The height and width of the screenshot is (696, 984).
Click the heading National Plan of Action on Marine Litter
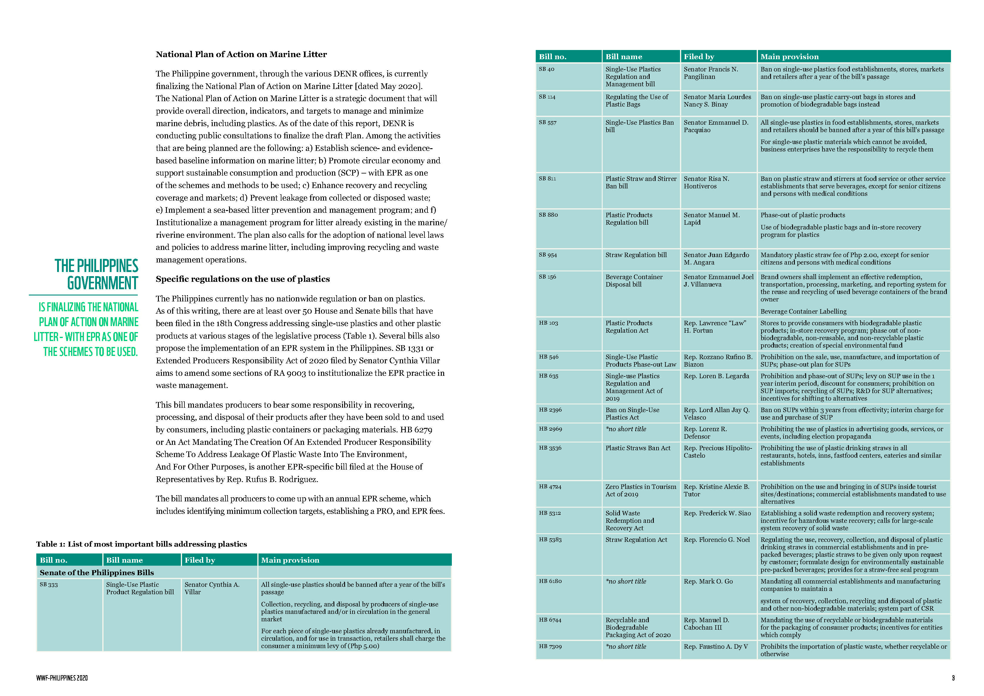tap(241, 54)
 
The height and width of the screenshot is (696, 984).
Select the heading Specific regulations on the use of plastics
tap(242, 279)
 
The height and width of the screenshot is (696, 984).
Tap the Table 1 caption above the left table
tap(141, 544)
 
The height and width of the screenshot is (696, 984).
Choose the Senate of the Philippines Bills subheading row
tap(97, 573)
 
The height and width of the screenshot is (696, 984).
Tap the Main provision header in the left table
tap(290, 560)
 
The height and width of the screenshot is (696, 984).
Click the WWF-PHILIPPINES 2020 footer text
tap(62, 678)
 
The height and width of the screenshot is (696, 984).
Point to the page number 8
tap(953, 678)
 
